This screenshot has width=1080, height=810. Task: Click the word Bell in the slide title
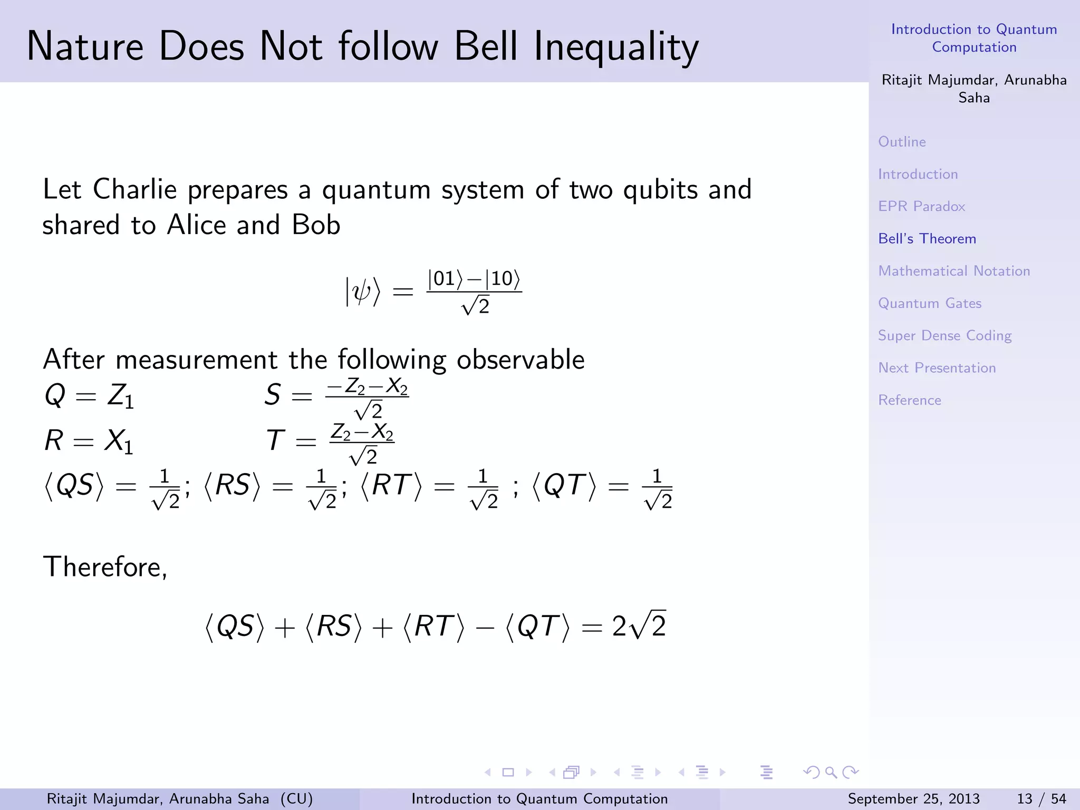(485, 46)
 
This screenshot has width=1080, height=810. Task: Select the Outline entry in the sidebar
(902, 142)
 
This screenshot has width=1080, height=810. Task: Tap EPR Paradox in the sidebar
(921, 206)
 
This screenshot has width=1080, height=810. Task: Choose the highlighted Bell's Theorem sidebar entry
(927, 239)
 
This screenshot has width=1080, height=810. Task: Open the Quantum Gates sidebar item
(930, 303)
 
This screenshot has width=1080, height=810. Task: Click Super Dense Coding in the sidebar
(944, 336)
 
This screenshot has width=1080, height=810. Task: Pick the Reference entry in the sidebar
(910, 400)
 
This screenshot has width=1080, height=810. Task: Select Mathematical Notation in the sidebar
(954, 271)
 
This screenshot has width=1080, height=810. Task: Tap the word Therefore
(105, 567)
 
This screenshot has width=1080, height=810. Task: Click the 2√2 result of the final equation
(639, 626)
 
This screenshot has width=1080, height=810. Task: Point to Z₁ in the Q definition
(121, 395)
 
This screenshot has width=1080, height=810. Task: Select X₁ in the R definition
(118, 440)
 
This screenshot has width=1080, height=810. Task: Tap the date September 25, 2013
(914, 799)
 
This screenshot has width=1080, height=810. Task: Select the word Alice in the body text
(197, 225)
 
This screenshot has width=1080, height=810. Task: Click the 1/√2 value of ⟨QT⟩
(658, 489)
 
